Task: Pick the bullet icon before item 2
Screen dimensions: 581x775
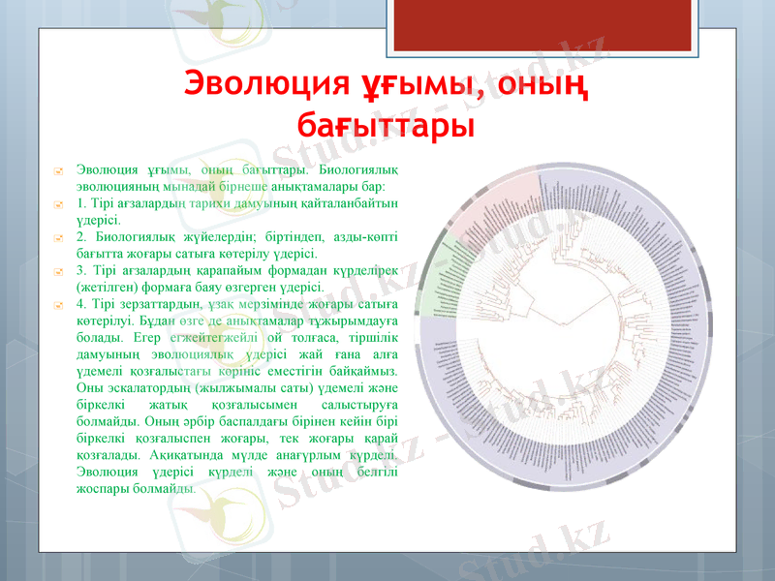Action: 59,237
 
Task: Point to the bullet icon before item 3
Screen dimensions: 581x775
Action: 59,271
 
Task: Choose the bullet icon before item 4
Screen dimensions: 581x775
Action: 59,305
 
